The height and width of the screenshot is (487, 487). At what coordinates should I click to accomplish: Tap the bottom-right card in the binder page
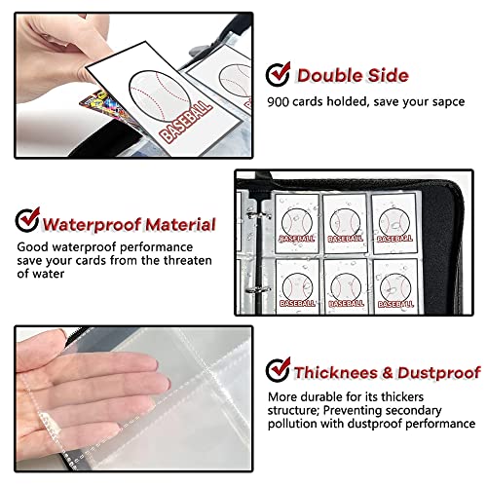[x=393, y=286]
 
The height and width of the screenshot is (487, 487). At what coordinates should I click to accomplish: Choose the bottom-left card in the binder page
[x=298, y=286]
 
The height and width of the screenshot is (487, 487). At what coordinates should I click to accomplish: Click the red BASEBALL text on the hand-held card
[x=186, y=122]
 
